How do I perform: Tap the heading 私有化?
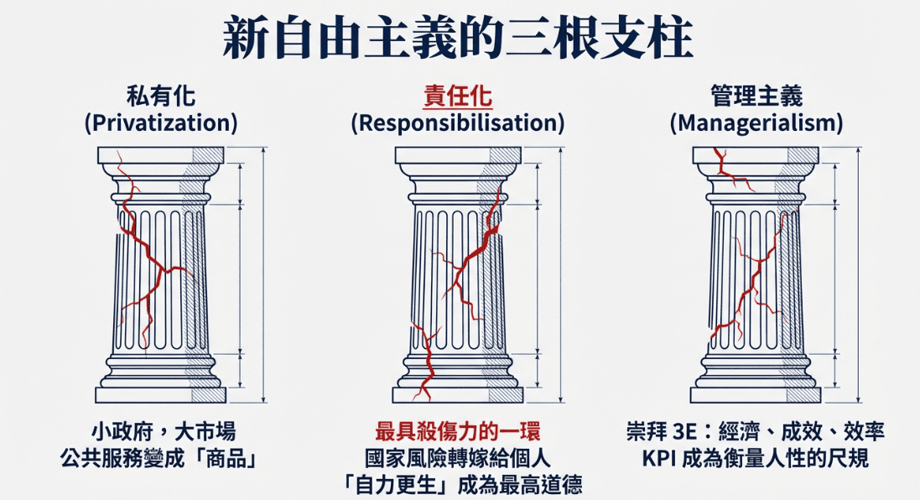161,96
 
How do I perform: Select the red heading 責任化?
457,96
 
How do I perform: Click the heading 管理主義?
756,96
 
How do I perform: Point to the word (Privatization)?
161,123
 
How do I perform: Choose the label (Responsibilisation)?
457,123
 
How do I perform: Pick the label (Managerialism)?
756,123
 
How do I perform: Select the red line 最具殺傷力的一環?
457,433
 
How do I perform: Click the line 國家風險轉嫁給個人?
457,459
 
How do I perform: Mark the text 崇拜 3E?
662,433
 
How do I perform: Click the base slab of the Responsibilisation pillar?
457,394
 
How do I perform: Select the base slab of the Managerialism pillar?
755,394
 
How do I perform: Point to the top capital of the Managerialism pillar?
755,156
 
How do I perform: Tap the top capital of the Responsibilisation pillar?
457,156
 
